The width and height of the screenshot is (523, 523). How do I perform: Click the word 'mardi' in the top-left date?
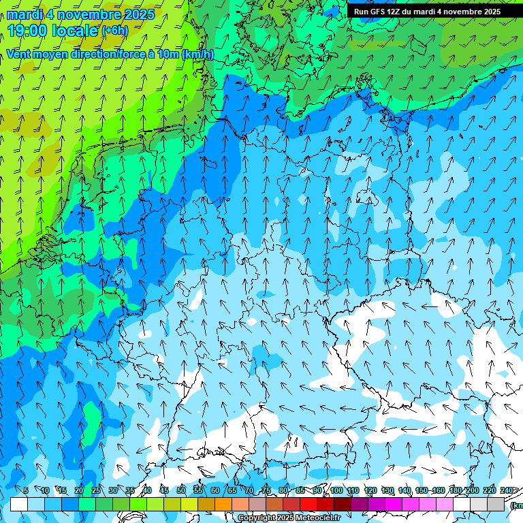pyautogui.click(x=25, y=14)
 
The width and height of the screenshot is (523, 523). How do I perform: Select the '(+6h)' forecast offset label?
pyautogui.click(x=114, y=31)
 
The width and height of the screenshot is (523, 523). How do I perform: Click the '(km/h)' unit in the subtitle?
pyautogui.click(x=197, y=54)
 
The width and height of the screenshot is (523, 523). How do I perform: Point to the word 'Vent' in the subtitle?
pyautogui.click(x=19, y=54)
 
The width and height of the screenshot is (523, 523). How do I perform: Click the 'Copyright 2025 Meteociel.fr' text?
pyautogui.click(x=289, y=518)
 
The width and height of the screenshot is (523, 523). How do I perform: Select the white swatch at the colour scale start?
pyautogui.click(x=19, y=504)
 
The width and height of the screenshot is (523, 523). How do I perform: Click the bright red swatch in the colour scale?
pyautogui.click(x=308, y=504)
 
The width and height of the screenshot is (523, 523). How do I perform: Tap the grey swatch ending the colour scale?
pyautogui.click(x=496, y=504)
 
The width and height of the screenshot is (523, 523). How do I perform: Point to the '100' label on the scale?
pyautogui.click(x=336, y=490)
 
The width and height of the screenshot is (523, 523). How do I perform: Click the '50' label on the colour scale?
pyautogui.click(x=181, y=490)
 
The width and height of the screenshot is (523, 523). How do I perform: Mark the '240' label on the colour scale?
pyautogui.click(x=506, y=490)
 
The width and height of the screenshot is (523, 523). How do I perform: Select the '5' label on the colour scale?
pyautogui.click(x=26, y=490)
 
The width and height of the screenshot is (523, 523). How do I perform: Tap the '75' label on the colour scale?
pyautogui.click(x=266, y=490)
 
